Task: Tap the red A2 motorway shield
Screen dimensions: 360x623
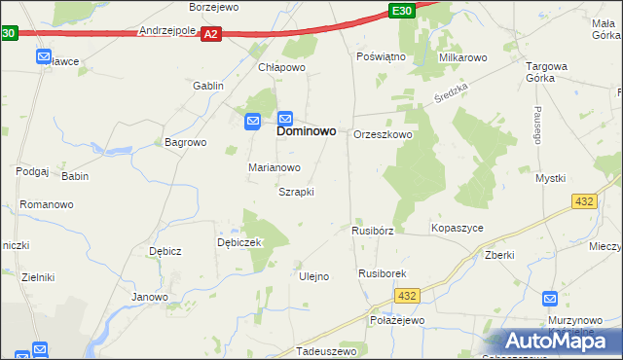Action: [212, 34]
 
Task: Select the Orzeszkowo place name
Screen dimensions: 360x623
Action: [383, 134]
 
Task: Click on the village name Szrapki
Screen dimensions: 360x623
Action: [296, 192]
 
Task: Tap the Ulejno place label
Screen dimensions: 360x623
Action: [312, 276]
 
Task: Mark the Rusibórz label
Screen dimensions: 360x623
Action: [372, 232]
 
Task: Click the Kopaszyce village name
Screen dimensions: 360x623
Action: [457, 228]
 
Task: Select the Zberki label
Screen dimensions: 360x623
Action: [498, 254]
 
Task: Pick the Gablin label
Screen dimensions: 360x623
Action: [208, 86]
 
